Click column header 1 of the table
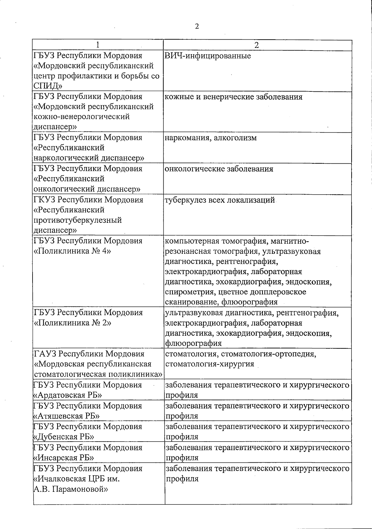pos(98,45)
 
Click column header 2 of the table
pos(256,45)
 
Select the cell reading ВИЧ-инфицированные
pos(208,56)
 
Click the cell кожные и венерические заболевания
pos(233,97)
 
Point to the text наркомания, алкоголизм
pos(211,138)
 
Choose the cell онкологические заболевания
pos(219,169)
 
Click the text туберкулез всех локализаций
pos(220,200)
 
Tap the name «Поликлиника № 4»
pos(72,251)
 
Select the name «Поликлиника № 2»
pos(72,323)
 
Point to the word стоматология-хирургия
pos(210,364)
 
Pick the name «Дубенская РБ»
pos(64,437)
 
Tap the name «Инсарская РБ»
pos(64,458)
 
